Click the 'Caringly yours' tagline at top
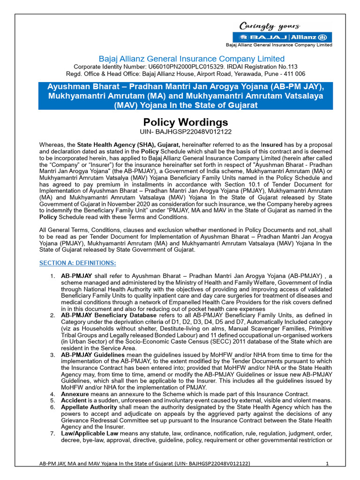[x=270, y=26]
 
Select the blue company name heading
[x=191, y=59]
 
